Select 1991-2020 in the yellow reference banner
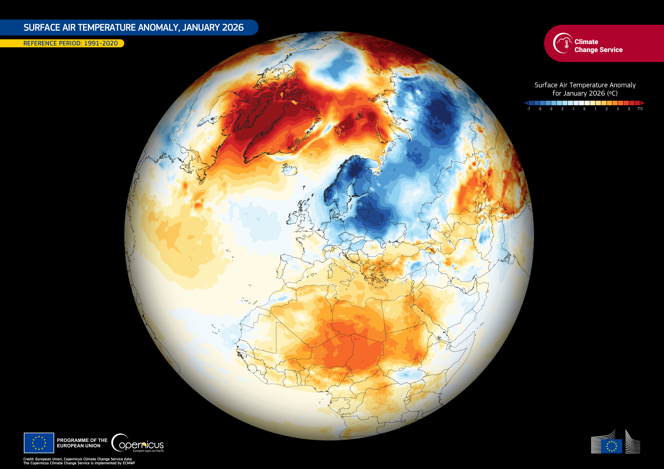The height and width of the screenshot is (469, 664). click(x=101, y=43)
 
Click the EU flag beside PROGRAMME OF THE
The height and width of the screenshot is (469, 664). click(x=39, y=443)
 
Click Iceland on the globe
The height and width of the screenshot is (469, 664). click(x=289, y=170)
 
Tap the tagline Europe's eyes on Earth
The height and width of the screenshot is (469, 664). click(x=148, y=451)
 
